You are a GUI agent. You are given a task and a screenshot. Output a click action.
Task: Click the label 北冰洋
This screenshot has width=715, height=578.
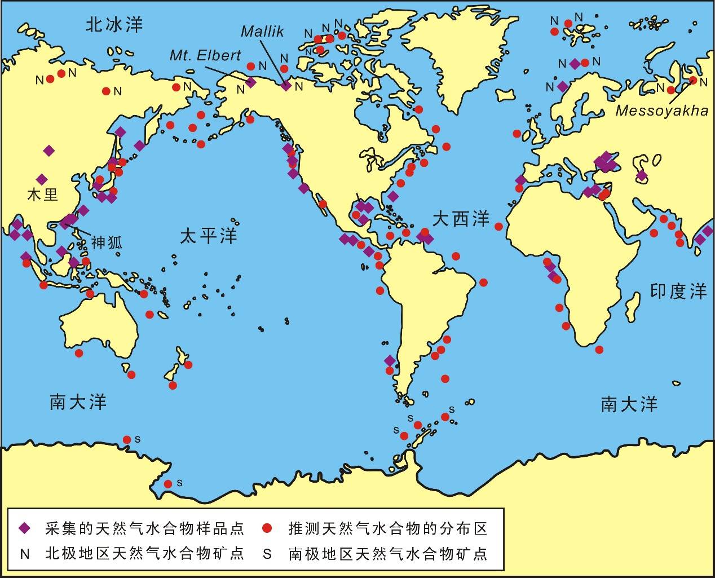(x=114, y=24)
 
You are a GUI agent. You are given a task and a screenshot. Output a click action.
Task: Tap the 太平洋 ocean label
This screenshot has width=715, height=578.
(x=209, y=236)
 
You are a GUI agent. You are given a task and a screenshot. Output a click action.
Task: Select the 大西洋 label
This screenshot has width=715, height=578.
(x=461, y=219)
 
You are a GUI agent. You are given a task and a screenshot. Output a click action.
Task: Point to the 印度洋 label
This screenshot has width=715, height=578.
(x=678, y=291)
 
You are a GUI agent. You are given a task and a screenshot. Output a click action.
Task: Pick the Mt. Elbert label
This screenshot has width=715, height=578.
(x=205, y=55)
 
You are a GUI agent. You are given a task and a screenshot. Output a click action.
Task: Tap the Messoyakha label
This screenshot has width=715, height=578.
(x=661, y=111)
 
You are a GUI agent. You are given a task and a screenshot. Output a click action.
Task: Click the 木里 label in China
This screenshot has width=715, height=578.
(x=43, y=195)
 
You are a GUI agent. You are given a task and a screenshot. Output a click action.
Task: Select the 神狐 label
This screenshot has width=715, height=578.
(x=107, y=243)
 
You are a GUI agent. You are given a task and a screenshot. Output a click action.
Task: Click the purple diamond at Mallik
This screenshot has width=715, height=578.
(x=286, y=86)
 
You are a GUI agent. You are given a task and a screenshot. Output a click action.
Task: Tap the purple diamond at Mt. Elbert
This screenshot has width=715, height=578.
(x=251, y=82)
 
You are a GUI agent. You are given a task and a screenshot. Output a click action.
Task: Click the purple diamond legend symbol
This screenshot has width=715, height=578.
(x=24, y=528)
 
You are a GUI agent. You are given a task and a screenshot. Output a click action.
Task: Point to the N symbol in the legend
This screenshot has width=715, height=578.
(x=24, y=554)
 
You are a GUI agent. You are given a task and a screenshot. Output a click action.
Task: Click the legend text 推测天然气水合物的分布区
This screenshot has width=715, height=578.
(x=387, y=528)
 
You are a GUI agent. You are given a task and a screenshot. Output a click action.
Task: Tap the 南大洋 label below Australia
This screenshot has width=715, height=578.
(x=78, y=402)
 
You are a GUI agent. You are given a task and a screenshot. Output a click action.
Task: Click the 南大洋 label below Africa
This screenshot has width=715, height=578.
(x=629, y=404)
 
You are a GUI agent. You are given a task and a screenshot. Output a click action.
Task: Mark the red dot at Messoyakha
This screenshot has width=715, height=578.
(x=693, y=81)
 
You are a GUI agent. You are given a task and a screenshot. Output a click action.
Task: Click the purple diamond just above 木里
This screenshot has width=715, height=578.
(x=42, y=179)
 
